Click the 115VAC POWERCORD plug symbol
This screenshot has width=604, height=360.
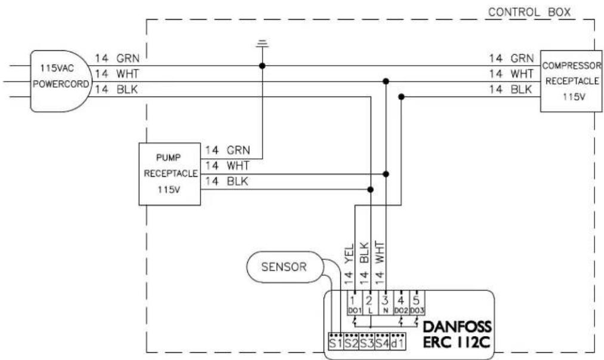click(x=61, y=81)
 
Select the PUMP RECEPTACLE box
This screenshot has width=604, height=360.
click(x=170, y=174)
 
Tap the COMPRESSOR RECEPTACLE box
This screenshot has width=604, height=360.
click(x=571, y=81)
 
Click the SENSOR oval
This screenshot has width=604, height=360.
click(x=284, y=267)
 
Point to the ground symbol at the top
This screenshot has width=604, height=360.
click(x=263, y=43)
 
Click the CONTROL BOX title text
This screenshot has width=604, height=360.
click(x=529, y=12)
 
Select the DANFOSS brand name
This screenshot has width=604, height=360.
click(x=457, y=327)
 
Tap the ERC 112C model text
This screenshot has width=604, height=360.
click(x=457, y=342)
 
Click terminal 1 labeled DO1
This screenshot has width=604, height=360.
click(x=355, y=304)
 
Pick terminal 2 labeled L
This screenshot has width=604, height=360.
click(x=370, y=304)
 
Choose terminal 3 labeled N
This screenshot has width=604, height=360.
click(x=386, y=304)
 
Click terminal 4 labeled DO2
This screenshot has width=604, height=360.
click(x=401, y=304)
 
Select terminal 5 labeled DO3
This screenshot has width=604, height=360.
click(x=417, y=304)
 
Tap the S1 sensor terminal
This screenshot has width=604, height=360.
click(x=335, y=342)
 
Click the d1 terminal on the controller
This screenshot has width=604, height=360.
click(x=398, y=342)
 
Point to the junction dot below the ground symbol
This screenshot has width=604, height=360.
click(x=263, y=66)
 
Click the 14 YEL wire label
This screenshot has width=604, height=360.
click(x=349, y=264)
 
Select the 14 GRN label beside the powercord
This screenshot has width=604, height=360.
click(x=117, y=58)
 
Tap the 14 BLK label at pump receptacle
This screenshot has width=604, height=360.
click(x=227, y=181)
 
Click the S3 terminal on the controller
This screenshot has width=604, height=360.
click(x=366, y=342)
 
